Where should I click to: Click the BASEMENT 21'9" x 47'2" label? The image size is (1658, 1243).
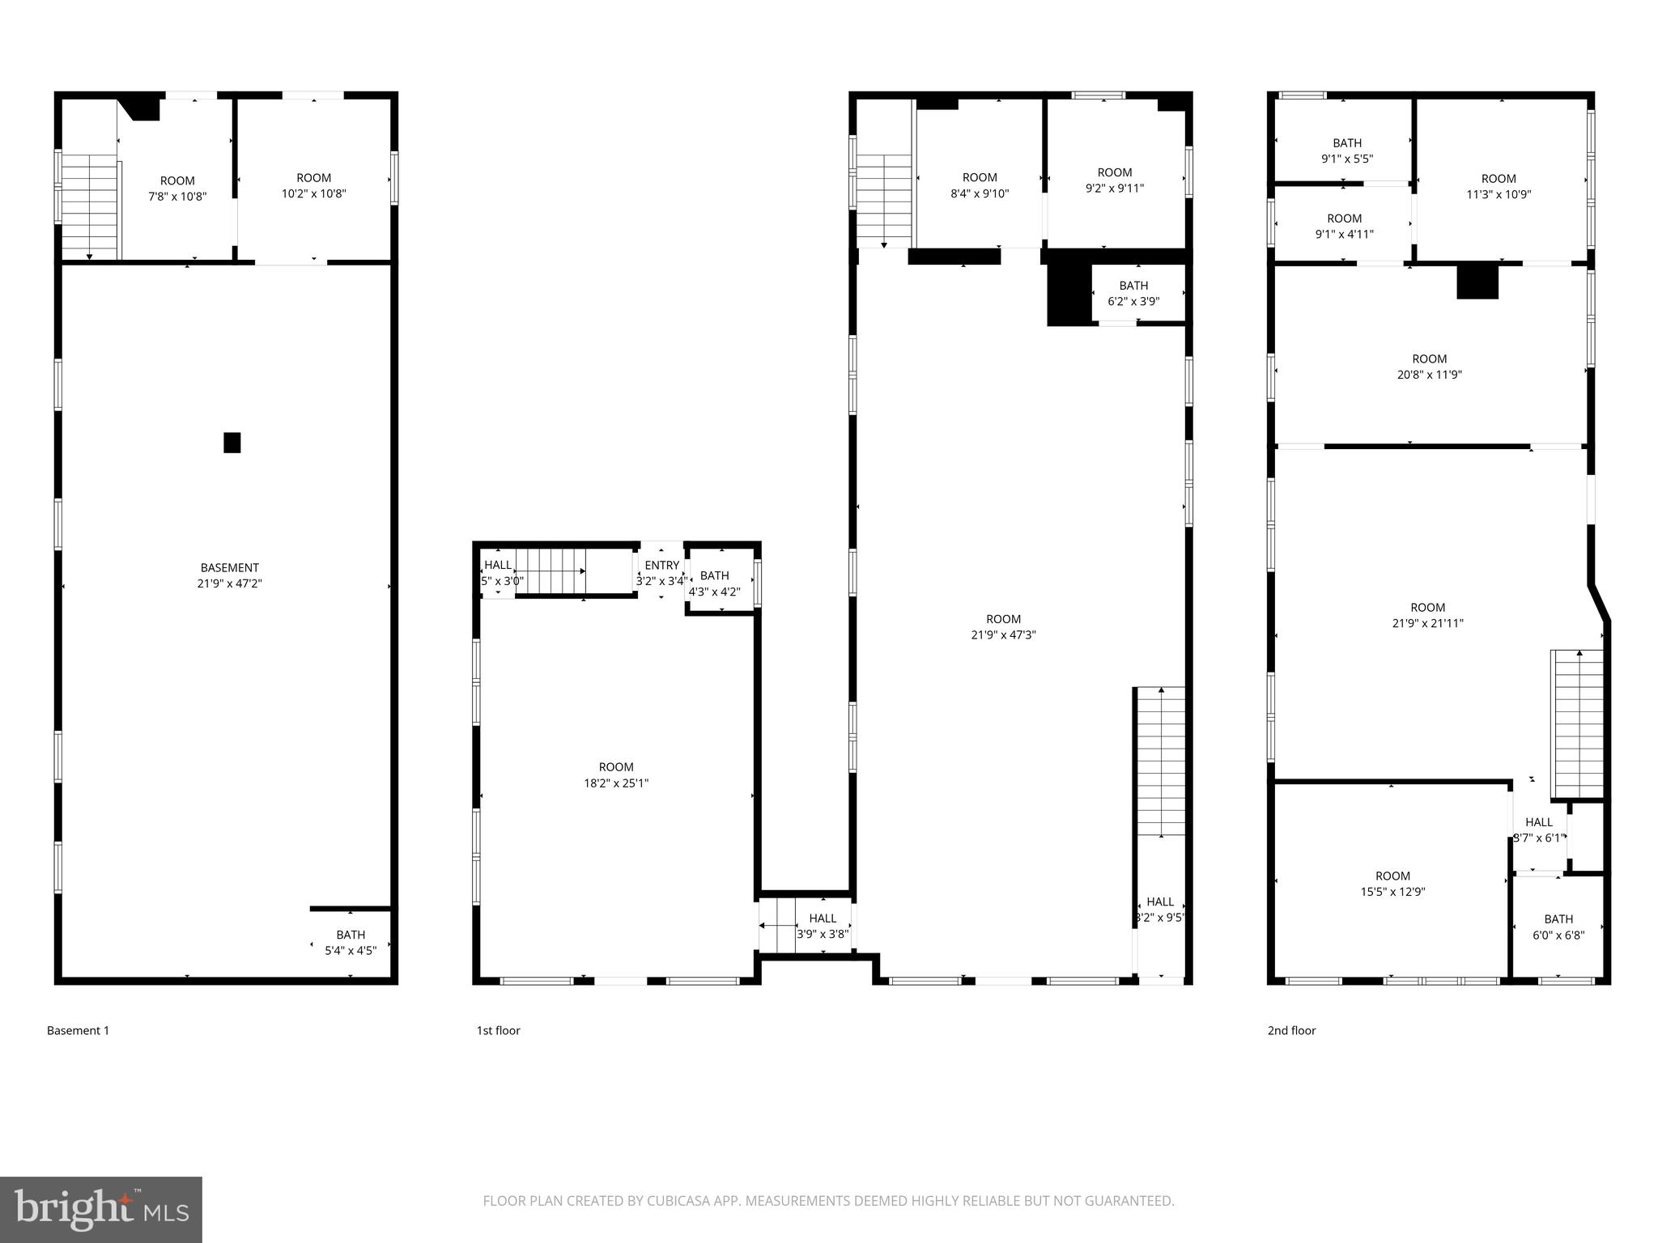tap(230, 575)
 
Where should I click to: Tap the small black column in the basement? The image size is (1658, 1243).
tap(232, 443)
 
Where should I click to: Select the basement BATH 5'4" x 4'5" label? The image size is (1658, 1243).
tap(351, 943)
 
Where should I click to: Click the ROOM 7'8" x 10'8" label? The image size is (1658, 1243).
tap(177, 189)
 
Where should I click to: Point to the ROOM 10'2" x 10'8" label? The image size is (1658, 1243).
tap(313, 185)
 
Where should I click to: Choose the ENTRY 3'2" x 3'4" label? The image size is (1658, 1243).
tap(661, 573)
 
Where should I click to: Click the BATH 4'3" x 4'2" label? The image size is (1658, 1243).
tap(714, 583)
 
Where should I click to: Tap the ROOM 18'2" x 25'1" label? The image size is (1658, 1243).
tap(616, 774)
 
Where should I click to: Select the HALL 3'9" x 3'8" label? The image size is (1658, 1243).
tap(823, 926)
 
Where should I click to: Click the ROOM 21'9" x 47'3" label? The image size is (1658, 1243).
tap(1003, 627)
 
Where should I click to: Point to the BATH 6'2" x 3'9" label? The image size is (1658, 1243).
tap(1133, 293)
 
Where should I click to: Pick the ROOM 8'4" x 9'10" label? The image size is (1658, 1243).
tap(980, 185)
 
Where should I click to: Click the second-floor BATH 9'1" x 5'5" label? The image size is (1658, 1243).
tap(1347, 151)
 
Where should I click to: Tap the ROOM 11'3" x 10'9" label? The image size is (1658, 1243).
tap(1499, 186)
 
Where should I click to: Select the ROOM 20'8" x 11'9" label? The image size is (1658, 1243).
tap(1429, 367)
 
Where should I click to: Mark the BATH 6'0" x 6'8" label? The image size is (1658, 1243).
tap(1558, 927)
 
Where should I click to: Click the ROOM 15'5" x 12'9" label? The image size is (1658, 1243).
tap(1392, 884)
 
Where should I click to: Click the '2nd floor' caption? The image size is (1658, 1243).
tap(1291, 1030)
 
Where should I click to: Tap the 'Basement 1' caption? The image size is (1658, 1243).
tap(78, 1030)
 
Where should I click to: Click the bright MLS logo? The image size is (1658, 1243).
tap(100, 1209)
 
